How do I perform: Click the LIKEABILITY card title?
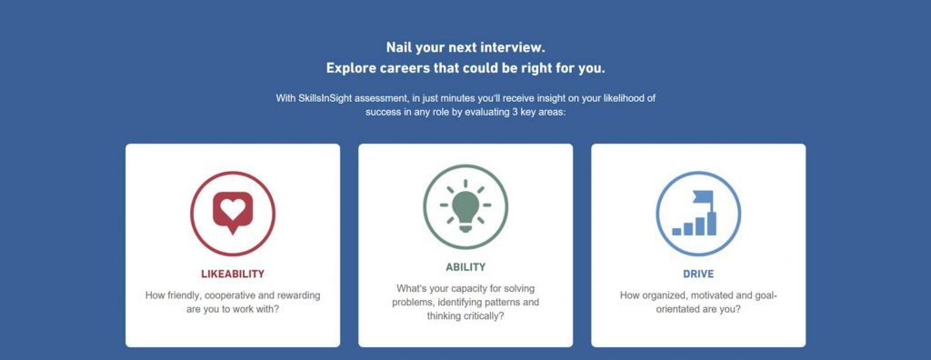tap(233, 274)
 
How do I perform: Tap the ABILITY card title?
tap(465, 267)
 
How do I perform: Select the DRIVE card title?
tap(698, 274)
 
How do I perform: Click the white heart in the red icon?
tap(232, 208)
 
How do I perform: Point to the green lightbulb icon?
tap(465, 206)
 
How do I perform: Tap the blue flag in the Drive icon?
tap(703, 196)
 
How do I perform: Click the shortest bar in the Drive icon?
tap(676, 232)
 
